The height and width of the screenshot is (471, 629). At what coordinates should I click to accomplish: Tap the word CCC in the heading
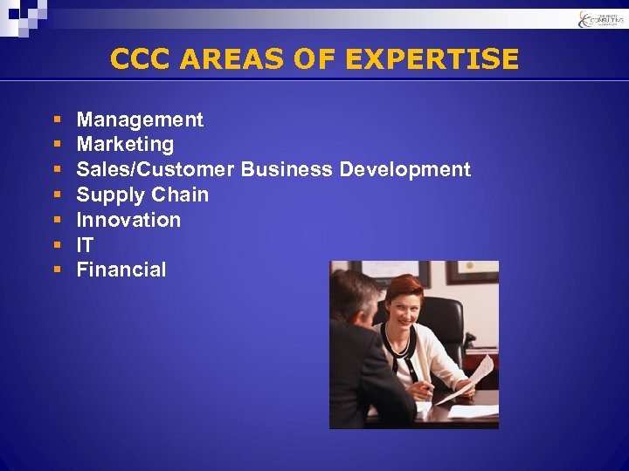141,59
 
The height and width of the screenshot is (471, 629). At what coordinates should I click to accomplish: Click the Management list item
140,119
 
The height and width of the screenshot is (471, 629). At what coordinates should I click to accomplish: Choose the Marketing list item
125,144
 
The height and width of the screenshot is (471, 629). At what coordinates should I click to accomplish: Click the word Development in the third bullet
404,169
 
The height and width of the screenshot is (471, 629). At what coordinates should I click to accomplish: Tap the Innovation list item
128,220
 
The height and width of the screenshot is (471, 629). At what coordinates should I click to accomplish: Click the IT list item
85,245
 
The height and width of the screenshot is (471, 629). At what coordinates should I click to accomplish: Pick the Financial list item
121,270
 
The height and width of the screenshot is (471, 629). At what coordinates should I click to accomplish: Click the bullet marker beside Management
56,119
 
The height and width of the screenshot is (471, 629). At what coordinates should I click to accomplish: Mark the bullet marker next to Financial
56,270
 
